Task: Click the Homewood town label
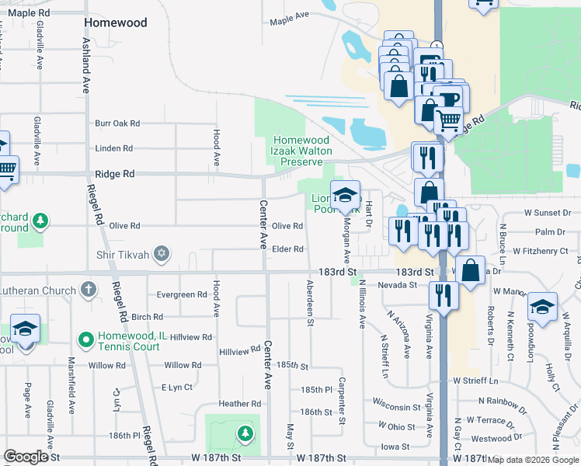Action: (x=116, y=23)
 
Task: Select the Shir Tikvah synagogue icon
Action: (x=162, y=253)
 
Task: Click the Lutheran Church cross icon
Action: (x=89, y=290)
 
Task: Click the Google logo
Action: (x=26, y=457)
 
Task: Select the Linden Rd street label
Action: (x=113, y=148)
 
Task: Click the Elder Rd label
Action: (x=287, y=249)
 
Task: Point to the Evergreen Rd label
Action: (x=182, y=295)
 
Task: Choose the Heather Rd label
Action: (x=240, y=404)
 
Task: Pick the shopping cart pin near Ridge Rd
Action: (x=448, y=121)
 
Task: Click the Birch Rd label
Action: (x=148, y=317)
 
